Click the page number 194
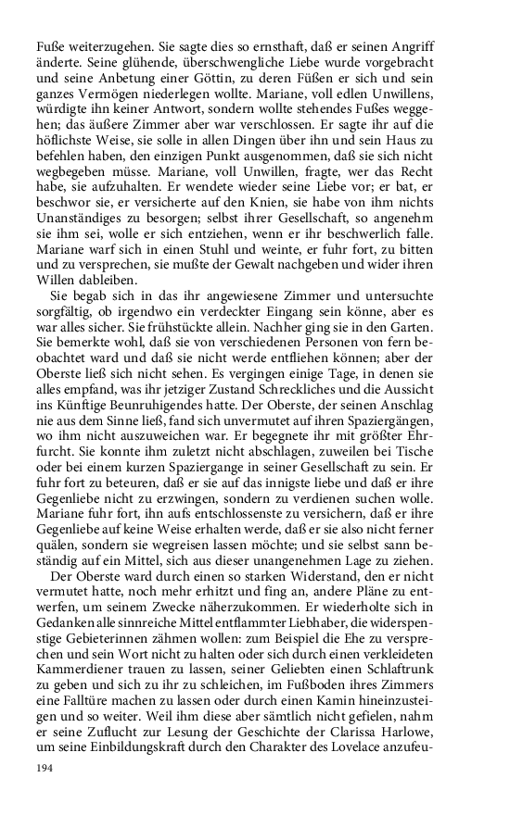45,768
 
